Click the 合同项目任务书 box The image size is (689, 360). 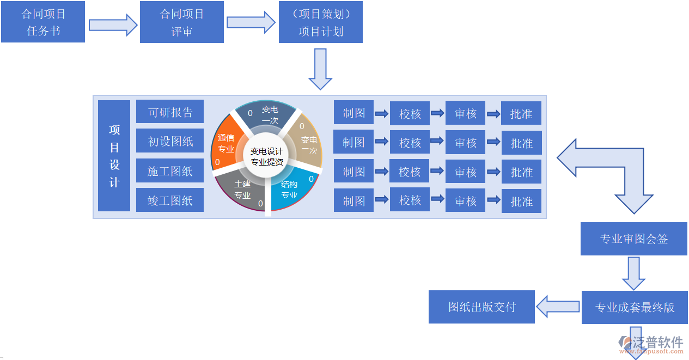(43, 22)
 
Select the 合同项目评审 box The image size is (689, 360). (181, 22)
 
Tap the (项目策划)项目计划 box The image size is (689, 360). (320, 22)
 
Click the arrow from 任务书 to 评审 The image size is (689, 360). (113, 25)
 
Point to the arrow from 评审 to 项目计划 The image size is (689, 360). (251, 22)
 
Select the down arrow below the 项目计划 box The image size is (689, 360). (320, 69)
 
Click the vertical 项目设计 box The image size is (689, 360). (114, 156)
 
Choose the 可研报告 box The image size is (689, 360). (170, 112)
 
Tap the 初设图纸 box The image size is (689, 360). (170, 141)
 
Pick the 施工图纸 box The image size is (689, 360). (170, 171)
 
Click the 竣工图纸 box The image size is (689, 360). (170, 200)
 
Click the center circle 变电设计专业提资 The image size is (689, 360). (266, 157)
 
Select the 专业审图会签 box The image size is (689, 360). (633, 239)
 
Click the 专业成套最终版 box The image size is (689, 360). (635, 307)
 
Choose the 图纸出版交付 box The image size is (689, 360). (481, 307)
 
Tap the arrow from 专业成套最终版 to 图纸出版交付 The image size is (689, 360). (558, 307)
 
